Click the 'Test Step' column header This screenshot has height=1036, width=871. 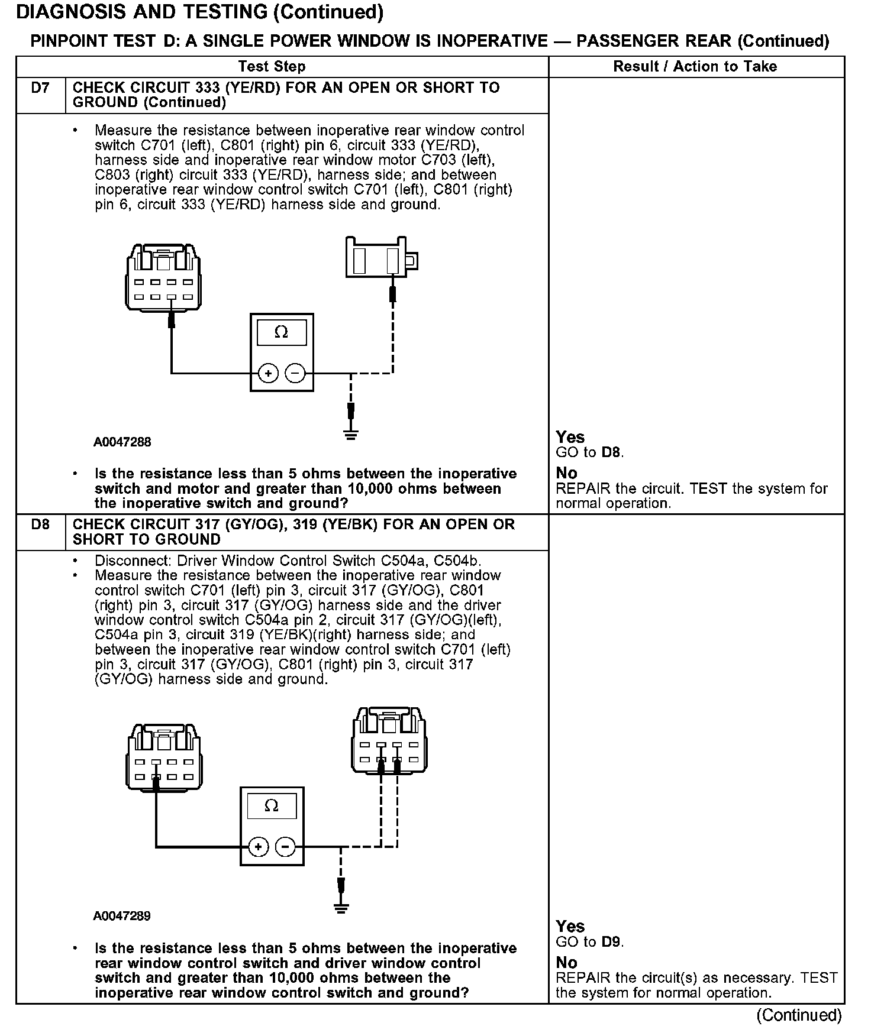[x=272, y=66]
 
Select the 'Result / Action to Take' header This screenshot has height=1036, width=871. [x=695, y=66]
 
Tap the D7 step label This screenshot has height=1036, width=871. [x=40, y=88]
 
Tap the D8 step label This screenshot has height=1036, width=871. [x=40, y=525]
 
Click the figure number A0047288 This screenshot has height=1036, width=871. [x=122, y=442]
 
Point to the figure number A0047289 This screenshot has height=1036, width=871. [x=122, y=916]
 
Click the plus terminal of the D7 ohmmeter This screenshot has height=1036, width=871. [x=268, y=373]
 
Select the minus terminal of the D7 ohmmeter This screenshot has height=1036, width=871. [x=295, y=373]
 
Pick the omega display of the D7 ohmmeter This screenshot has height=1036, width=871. [x=282, y=333]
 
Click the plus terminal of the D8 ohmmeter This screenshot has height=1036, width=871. [x=258, y=847]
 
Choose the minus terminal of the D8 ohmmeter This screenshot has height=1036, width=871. [x=285, y=847]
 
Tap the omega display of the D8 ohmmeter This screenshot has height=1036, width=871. [x=272, y=806]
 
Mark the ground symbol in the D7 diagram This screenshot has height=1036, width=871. [x=351, y=436]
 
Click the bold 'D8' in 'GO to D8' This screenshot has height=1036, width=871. [x=612, y=453]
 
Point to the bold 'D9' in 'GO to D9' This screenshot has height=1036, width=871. [x=612, y=942]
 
